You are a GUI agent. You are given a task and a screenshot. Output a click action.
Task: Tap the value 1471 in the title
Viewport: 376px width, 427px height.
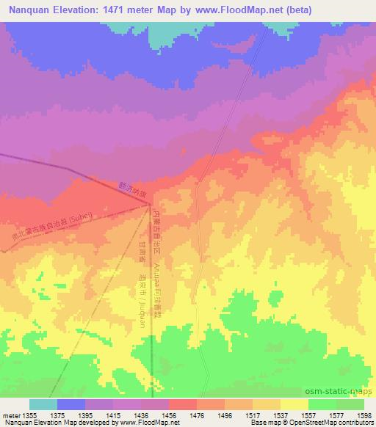coord(115,10)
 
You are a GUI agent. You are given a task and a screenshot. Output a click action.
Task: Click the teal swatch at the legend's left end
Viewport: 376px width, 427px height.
coord(43,404)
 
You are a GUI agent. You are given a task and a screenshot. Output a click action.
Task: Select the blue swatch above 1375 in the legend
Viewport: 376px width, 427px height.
coord(71,404)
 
